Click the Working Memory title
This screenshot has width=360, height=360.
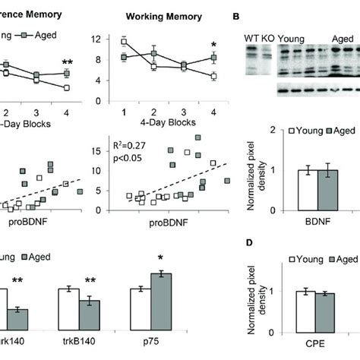point(164,14)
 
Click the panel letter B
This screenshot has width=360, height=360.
point(236,15)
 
